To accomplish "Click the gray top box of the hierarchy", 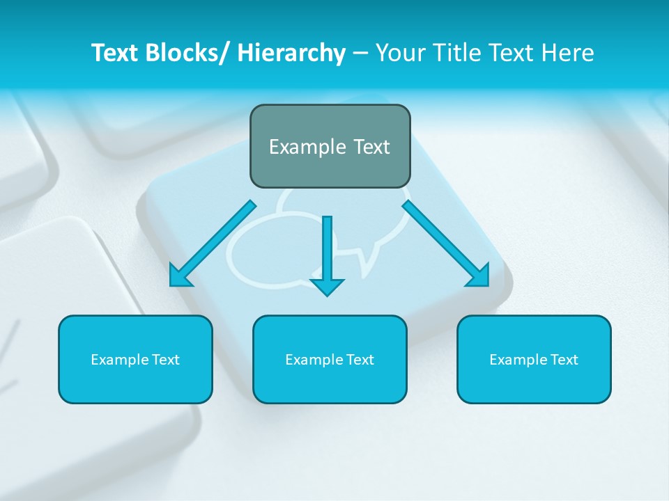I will coord(330,146).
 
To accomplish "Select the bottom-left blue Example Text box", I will coord(135,360).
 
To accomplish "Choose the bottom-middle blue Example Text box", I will coord(330,360).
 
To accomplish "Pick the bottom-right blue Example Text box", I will coord(534,360).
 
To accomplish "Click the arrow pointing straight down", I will coord(327,254).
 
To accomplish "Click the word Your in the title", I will coord(397,54).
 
